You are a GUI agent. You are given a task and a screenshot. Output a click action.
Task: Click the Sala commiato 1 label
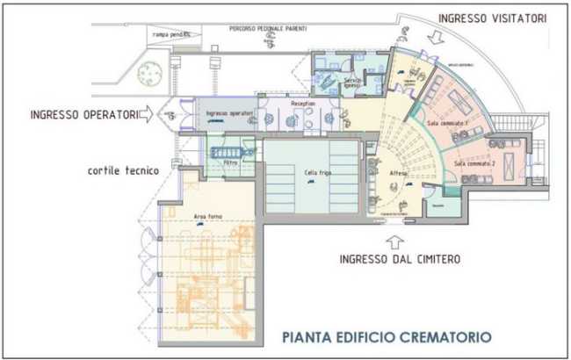pos(447,125)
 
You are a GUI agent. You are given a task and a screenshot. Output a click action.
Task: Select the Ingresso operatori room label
pos(229,114)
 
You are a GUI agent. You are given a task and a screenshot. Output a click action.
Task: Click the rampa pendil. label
pos(170,34)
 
